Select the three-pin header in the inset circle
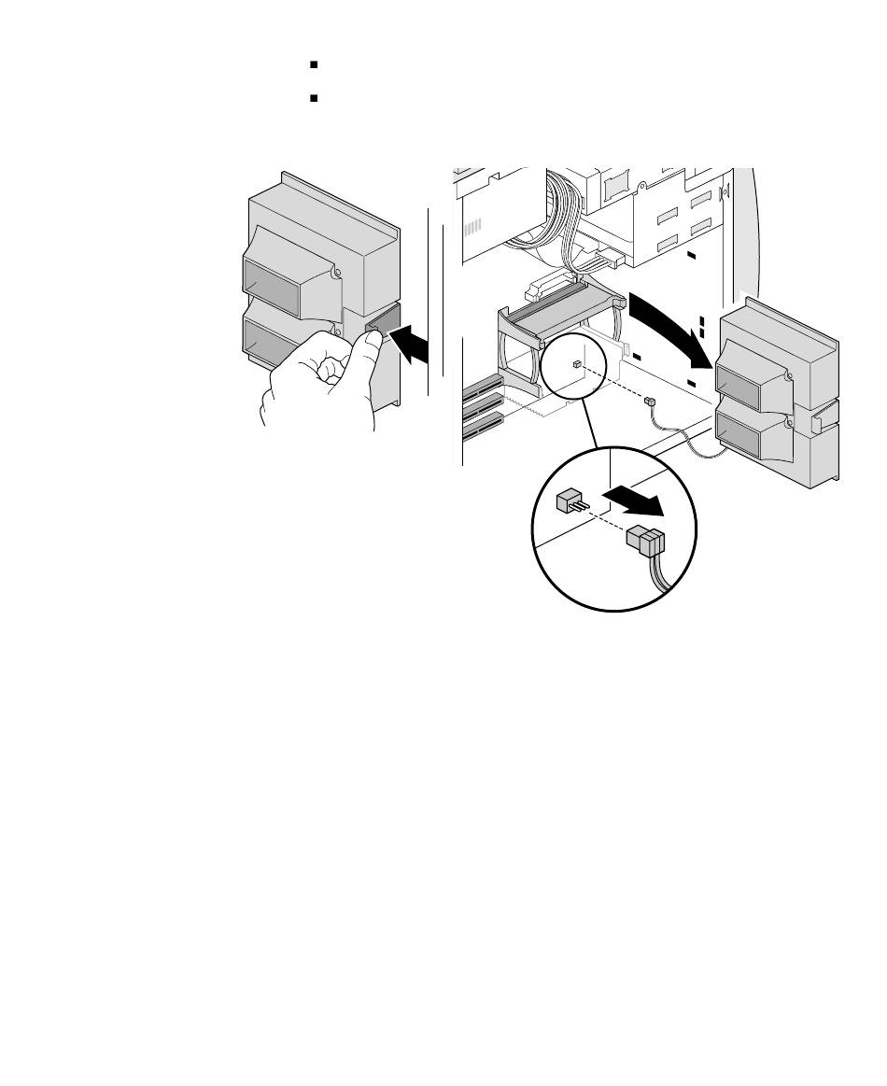(x=570, y=502)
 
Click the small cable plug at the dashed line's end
(x=650, y=400)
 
